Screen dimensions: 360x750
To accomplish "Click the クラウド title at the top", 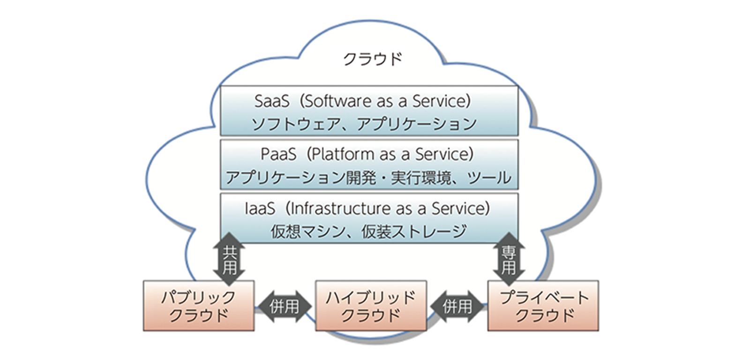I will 373,59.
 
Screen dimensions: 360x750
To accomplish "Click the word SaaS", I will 271,101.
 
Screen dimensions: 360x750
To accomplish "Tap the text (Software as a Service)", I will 385,101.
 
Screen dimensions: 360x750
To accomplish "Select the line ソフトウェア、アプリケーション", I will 364,124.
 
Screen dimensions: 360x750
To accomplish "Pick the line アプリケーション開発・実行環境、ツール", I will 368,178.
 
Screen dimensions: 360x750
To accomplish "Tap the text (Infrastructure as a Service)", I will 388,208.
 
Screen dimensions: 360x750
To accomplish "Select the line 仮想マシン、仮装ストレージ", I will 368,231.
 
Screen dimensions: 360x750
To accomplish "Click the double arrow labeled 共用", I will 229,260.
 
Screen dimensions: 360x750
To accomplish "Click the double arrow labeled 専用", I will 509,260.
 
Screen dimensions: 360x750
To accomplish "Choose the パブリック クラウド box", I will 199,306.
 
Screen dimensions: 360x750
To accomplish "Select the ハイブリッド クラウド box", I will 371,306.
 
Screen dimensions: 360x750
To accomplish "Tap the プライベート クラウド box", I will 543,306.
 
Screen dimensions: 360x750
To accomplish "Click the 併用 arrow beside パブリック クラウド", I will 285,307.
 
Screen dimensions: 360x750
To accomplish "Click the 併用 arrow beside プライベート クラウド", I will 457,307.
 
